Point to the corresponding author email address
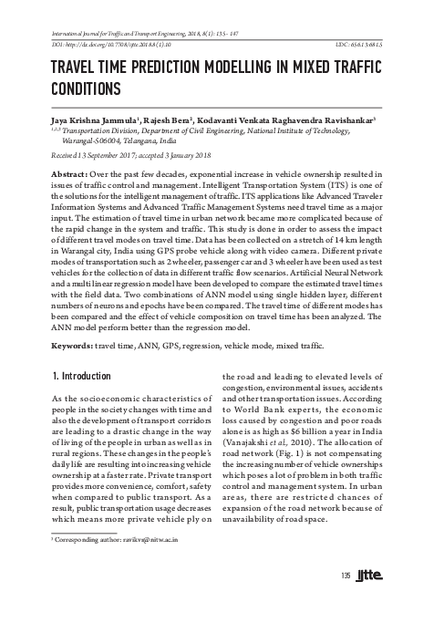141,566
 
